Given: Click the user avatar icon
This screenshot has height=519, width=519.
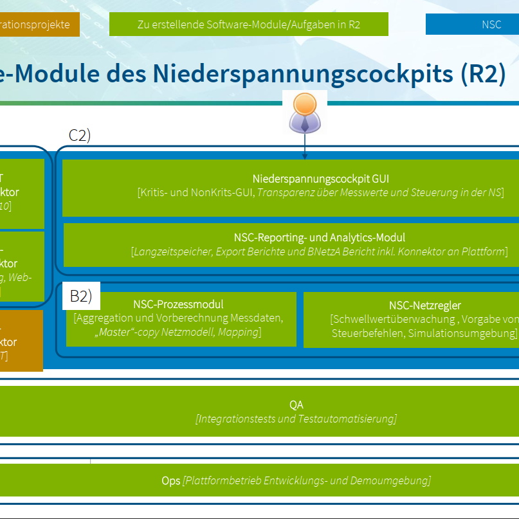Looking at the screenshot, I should point(304,112).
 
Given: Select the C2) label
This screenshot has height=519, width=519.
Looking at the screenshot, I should point(80,135).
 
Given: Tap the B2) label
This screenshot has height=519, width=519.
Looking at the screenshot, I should point(81,296).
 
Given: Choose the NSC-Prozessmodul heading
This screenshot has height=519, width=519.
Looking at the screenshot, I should point(178,304).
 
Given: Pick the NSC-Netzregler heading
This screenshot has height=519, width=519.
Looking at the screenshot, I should point(424,305).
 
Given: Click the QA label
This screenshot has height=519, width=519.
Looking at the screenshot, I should point(296,405).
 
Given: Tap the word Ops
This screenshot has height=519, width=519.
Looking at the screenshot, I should point(170,480).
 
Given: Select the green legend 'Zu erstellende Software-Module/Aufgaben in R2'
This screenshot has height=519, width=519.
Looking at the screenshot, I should point(248,25).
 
